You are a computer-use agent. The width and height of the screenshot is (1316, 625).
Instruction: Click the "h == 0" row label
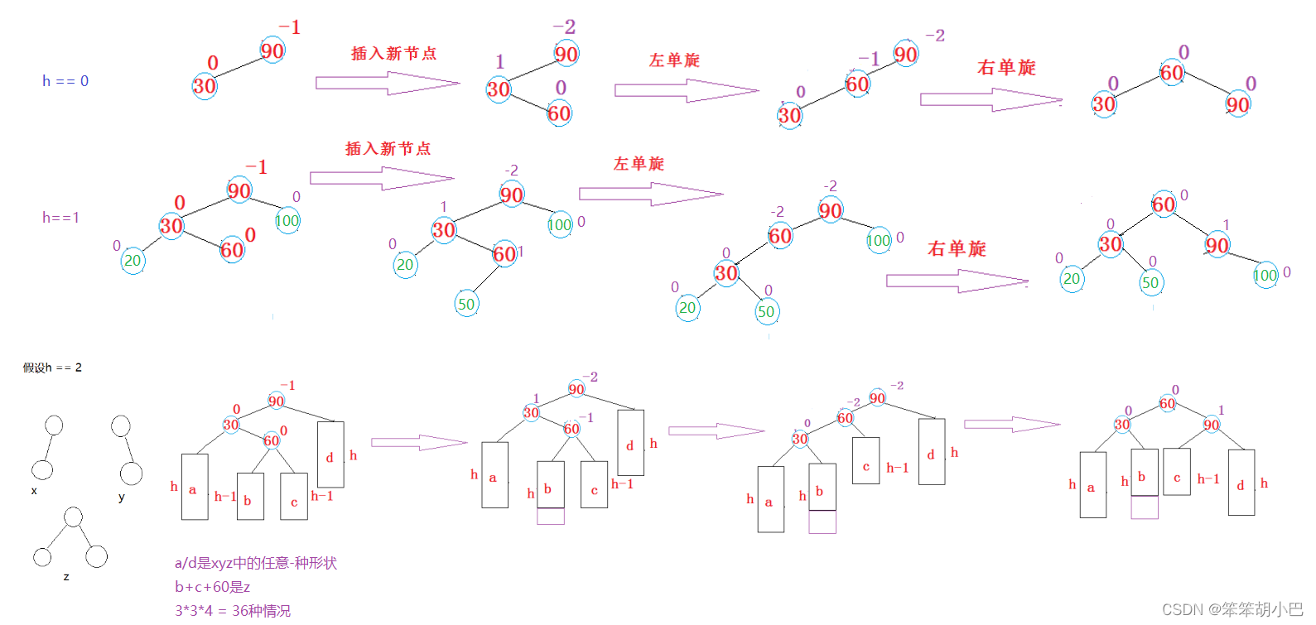(x=65, y=81)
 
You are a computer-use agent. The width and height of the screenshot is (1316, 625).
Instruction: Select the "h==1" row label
(x=60, y=218)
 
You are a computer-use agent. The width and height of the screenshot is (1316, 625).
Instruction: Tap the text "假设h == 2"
(x=52, y=368)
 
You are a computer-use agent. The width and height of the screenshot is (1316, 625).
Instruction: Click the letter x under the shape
(x=34, y=491)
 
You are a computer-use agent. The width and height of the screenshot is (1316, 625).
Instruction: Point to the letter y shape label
(x=122, y=498)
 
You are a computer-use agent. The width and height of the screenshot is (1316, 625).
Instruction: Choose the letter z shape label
(x=66, y=577)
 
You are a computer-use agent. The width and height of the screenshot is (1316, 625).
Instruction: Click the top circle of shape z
(x=73, y=517)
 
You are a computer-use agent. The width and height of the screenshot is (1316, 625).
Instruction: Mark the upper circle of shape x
(x=54, y=425)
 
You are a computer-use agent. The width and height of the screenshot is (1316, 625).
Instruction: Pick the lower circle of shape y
(x=131, y=474)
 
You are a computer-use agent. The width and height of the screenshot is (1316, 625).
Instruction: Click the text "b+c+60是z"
(x=212, y=587)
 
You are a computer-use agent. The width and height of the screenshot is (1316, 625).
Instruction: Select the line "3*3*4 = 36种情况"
(x=233, y=611)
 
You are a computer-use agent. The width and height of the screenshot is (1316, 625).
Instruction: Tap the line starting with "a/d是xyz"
(x=255, y=563)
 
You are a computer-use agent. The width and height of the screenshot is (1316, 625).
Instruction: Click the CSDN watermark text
(x=1232, y=609)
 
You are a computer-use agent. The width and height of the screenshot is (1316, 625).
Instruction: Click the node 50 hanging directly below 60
(x=466, y=304)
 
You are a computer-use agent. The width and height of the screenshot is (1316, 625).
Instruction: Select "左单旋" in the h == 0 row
(x=674, y=60)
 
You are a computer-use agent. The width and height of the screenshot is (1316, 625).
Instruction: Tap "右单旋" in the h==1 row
(x=957, y=249)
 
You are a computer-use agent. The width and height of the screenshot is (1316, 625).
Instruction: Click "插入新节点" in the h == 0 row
(x=393, y=54)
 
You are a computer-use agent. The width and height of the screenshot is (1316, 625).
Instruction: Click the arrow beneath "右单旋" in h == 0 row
(x=991, y=100)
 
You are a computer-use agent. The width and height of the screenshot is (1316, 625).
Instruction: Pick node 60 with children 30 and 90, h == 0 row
(x=1171, y=73)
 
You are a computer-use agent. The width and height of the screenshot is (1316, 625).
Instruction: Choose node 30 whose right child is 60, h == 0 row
(x=498, y=89)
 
